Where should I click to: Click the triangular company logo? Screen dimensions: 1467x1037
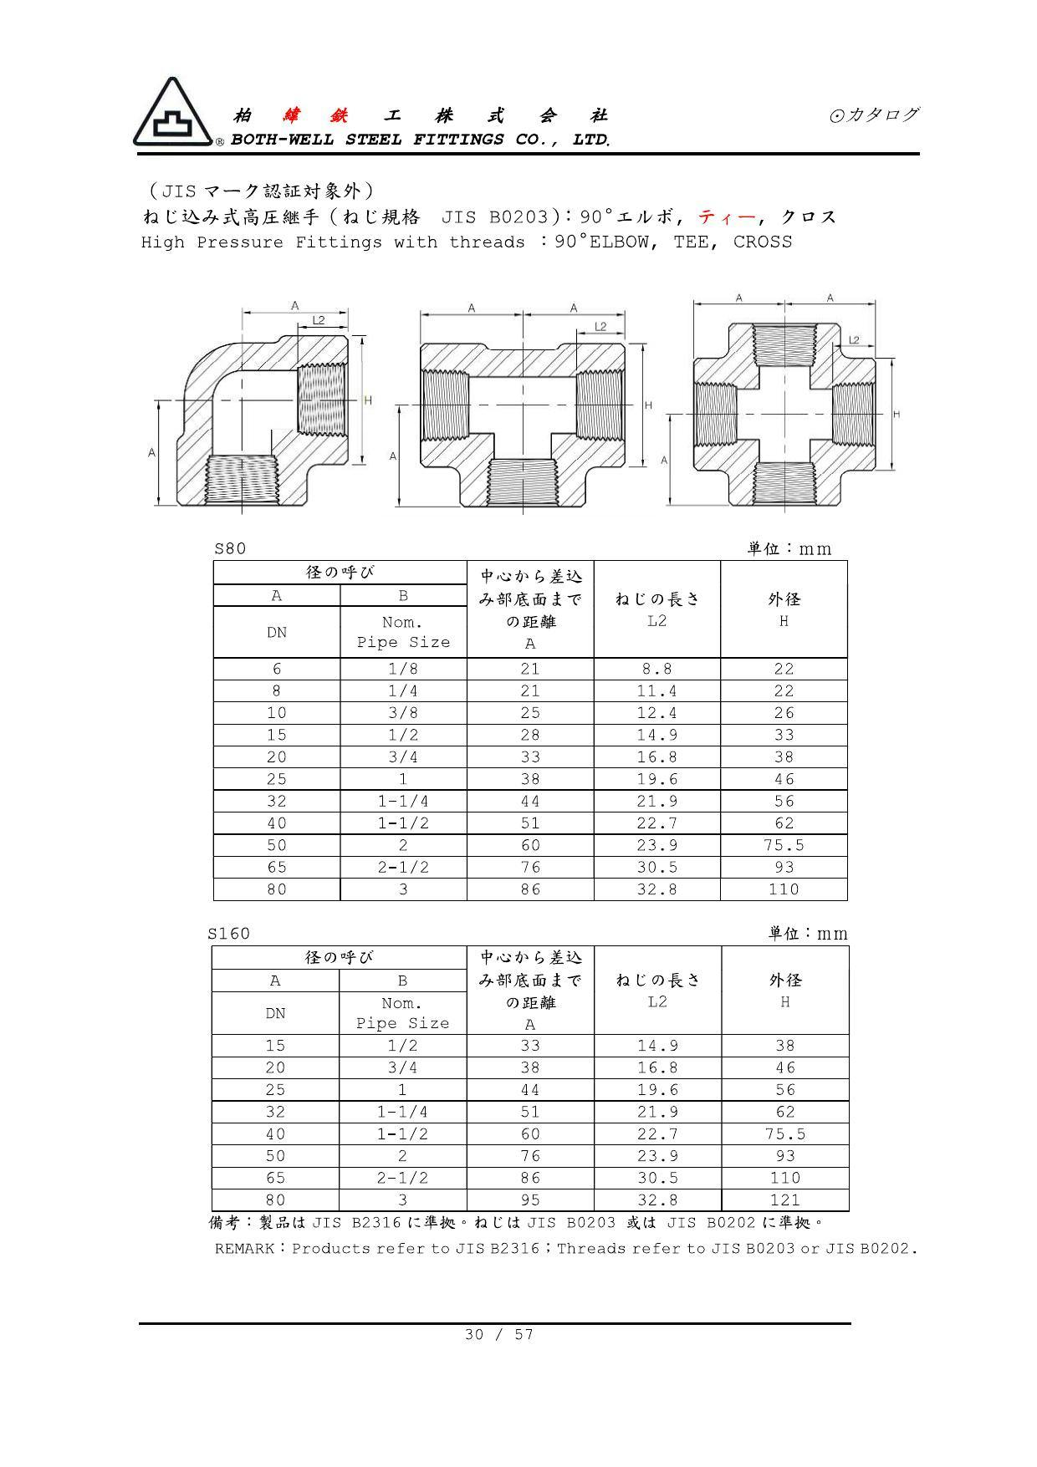click(x=172, y=115)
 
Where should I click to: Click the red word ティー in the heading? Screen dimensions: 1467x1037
click(x=725, y=216)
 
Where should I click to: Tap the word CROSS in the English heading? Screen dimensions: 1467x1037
click(x=762, y=242)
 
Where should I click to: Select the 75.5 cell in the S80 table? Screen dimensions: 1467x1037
click(x=784, y=845)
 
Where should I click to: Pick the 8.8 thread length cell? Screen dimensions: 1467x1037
click(x=656, y=669)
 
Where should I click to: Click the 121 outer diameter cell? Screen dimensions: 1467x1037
click(x=784, y=1200)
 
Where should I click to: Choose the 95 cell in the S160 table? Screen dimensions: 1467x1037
click(x=530, y=1200)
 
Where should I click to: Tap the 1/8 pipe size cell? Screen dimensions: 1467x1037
click(x=403, y=669)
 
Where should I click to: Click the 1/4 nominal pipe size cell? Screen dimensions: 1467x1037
click(x=403, y=690)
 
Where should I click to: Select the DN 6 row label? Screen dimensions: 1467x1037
click(x=277, y=669)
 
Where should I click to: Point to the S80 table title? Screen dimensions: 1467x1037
click(x=230, y=548)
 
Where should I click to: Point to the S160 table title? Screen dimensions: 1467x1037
click(x=229, y=933)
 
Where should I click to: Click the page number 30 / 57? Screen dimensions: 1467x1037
click(x=498, y=1334)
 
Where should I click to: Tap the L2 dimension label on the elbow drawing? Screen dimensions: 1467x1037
click(x=319, y=320)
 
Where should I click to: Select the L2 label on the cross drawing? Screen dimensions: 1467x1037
click(x=854, y=339)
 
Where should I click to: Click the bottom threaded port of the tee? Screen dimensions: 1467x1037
click(x=522, y=482)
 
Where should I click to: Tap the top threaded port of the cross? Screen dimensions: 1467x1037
click(x=784, y=344)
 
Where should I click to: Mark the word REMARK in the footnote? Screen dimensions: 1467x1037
click(x=244, y=1249)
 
